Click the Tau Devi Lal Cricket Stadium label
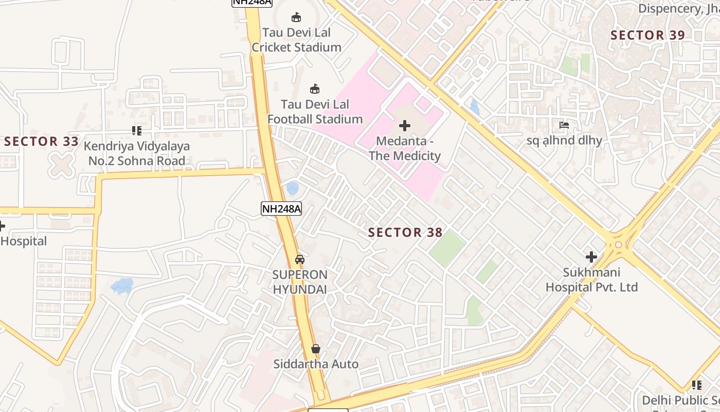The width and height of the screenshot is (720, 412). (x=296, y=40)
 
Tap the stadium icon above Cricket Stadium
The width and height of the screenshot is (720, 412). (x=296, y=18)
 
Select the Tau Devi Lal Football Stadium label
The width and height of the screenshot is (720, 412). (x=315, y=112)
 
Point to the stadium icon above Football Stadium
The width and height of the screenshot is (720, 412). (x=315, y=89)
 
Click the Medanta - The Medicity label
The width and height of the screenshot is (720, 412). (x=405, y=148)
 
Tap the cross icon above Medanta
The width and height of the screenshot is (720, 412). (x=405, y=125)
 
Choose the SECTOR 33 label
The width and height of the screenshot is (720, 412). (x=42, y=141)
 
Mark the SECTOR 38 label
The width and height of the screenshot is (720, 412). (x=405, y=233)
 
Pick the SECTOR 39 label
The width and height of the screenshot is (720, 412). (x=647, y=36)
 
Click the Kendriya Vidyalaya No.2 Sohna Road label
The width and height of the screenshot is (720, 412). (x=137, y=153)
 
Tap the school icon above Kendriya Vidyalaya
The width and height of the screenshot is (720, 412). (x=136, y=131)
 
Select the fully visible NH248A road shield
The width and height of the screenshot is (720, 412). (x=281, y=209)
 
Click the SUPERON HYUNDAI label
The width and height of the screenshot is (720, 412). (x=300, y=282)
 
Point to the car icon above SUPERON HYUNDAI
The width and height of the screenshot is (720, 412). (x=300, y=259)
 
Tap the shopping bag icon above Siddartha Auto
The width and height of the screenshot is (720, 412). (x=316, y=349)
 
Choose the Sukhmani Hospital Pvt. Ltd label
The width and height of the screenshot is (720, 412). (x=591, y=280)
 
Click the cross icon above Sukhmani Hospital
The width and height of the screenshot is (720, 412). (x=591, y=256)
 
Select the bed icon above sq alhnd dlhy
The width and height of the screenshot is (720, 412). (x=564, y=125)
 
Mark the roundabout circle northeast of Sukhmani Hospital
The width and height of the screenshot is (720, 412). (x=618, y=245)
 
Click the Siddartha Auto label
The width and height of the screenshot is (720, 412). (x=316, y=364)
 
